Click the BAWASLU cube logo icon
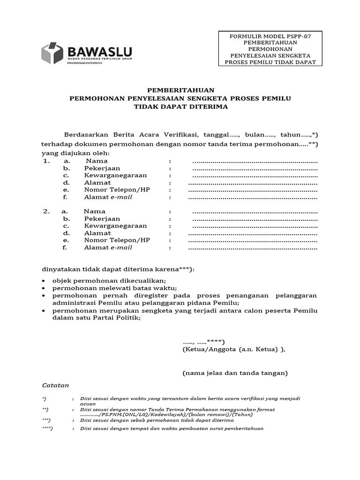(x=52, y=53)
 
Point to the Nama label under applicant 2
(x=95, y=211)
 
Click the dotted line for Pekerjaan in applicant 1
(x=255, y=168)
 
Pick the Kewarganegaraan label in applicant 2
(x=115, y=226)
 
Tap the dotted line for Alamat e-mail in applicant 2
(x=253, y=247)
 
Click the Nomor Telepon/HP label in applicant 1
(x=120, y=190)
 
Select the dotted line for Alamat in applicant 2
(x=253, y=233)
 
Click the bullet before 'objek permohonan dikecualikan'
(x=43, y=281)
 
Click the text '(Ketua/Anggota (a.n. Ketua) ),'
(x=233, y=349)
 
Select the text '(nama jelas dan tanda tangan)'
(x=235, y=373)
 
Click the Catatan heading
(x=55, y=385)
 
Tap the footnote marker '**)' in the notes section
(x=45, y=409)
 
